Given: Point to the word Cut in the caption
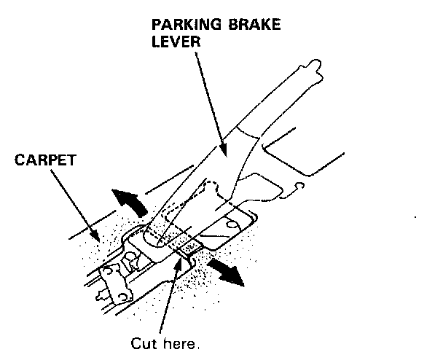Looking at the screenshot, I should coord(141,342).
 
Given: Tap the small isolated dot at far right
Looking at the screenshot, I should coord(415,216).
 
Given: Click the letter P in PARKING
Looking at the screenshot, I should coord(155,25).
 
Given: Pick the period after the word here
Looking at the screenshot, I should coord(196,345).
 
